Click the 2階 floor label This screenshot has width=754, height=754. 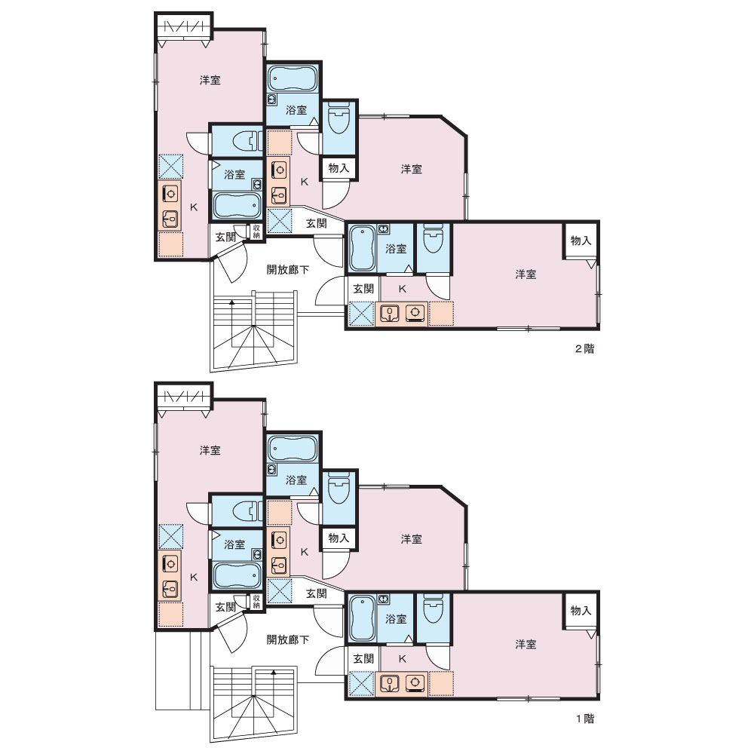click(x=585, y=348)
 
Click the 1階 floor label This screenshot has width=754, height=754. click(x=585, y=719)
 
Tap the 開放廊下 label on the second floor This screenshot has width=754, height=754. click(x=287, y=270)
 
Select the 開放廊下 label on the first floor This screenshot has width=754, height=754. click(x=287, y=640)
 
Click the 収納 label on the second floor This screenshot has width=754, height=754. click(x=256, y=231)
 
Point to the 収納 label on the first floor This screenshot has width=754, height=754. click(x=256, y=602)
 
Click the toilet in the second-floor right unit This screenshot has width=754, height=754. click(x=434, y=238)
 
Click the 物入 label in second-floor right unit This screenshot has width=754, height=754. click(x=581, y=241)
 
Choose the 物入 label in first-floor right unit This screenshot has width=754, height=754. click(x=581, y=611)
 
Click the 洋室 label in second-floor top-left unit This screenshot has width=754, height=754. click(x=210, y=81)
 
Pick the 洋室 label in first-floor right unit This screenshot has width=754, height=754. click(x=526, y=645)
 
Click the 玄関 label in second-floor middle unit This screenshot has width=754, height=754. click(x=317, y=223)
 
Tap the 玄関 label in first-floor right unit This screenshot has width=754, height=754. click(x=363, y=658)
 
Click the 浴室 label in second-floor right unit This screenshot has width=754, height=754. click(x=396, y=249)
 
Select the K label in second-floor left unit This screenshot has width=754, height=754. click(x=194, y=207)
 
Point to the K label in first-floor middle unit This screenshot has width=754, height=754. click(x=305, y=552)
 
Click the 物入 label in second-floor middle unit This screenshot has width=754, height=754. click(x=339, y=168)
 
